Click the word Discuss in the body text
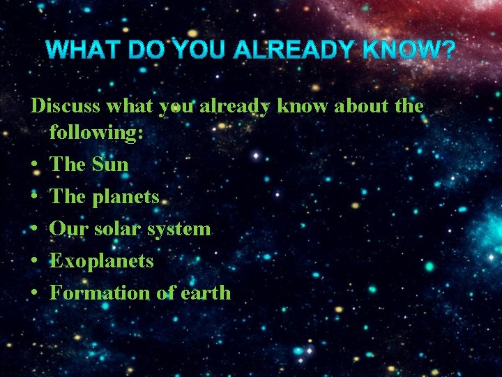pos(66,106)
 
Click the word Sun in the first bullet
pos(110,165)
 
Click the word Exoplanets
pos(102,261)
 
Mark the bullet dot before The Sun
pos(34,165)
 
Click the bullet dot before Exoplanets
pos(34,262)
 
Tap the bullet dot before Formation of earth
pos(34,293)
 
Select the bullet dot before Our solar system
pos(34,230)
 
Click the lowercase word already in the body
pos(235,107)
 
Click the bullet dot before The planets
pos(34,198)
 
